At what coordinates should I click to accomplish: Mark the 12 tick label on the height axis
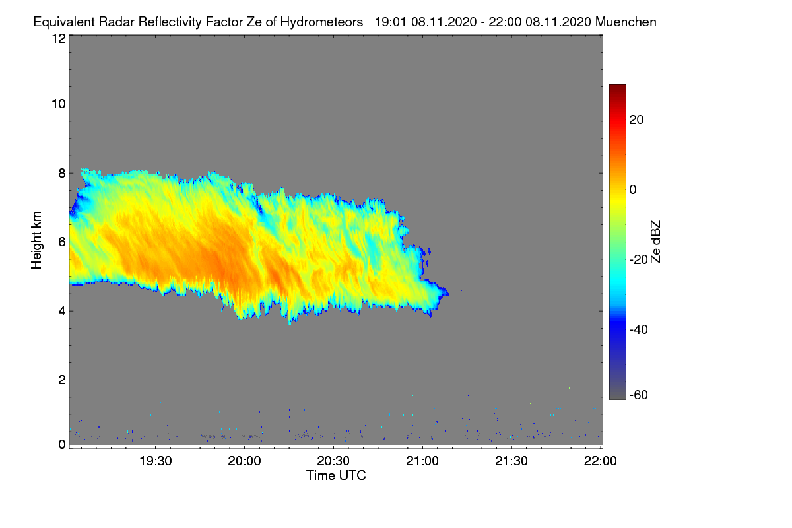[x=58, y=38]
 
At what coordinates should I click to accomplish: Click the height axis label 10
[x=58, y=104]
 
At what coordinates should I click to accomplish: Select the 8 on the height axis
[x=62, y=173]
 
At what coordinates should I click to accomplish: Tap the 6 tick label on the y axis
[x=62, y=242]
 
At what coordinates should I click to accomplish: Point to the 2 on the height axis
[x=62, y=379]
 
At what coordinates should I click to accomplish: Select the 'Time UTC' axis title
[x=335, y=475]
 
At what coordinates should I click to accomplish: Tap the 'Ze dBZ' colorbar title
[x=655, y=241]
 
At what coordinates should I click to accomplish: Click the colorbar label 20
[x=637, y=119]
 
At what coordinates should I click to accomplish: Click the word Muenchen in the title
[x=626, y=22]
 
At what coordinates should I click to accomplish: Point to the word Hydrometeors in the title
[x=322, y=22]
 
